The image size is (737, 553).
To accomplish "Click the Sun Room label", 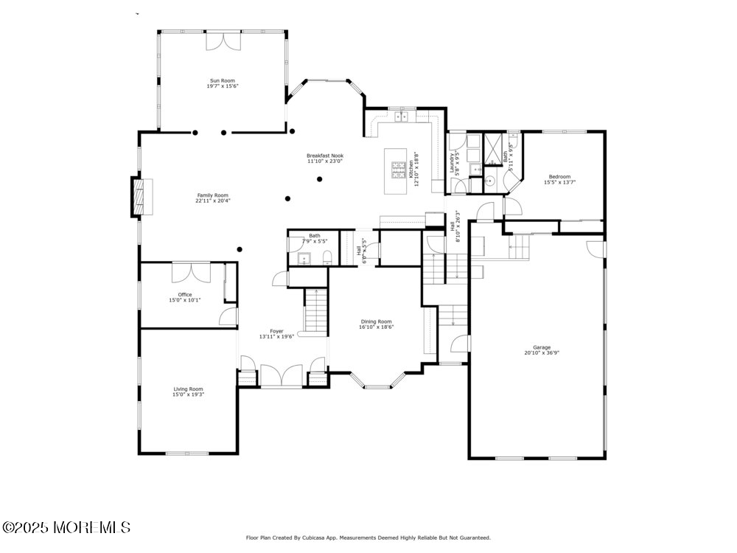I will (222, 80).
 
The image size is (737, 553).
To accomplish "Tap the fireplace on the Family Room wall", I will (139, 196).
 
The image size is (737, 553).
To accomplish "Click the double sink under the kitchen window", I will (402, 116).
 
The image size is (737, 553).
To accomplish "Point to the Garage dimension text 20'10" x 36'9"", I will (542, 353).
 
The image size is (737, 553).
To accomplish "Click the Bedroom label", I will (559, 177).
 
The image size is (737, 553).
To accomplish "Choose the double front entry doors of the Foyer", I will (281, 375).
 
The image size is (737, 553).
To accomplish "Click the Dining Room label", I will (376, 321).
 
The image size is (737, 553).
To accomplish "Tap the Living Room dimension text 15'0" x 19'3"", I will (188, 394).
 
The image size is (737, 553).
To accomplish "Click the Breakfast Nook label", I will (325, 156).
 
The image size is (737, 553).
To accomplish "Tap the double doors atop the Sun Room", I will (223, 41).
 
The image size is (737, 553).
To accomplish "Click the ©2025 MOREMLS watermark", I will (66, 528).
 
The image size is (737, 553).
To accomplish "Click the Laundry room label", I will (453, 160).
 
